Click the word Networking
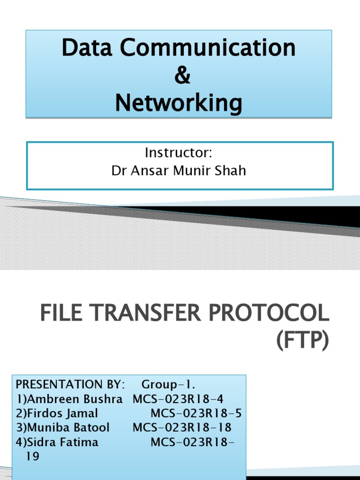pyautogui.click(x=179, y=103)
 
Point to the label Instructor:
pyautogui.click(x=179, y=153)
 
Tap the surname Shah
pyautogui.click(x=231, y=171)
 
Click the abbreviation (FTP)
pyautogui.click(x=302, y=341)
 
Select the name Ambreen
pyautogui.click(x=49, y=399)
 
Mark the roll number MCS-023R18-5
pyautogui.click(x=196, y=414)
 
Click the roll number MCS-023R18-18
pyautogui.click(x=182, y=428)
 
